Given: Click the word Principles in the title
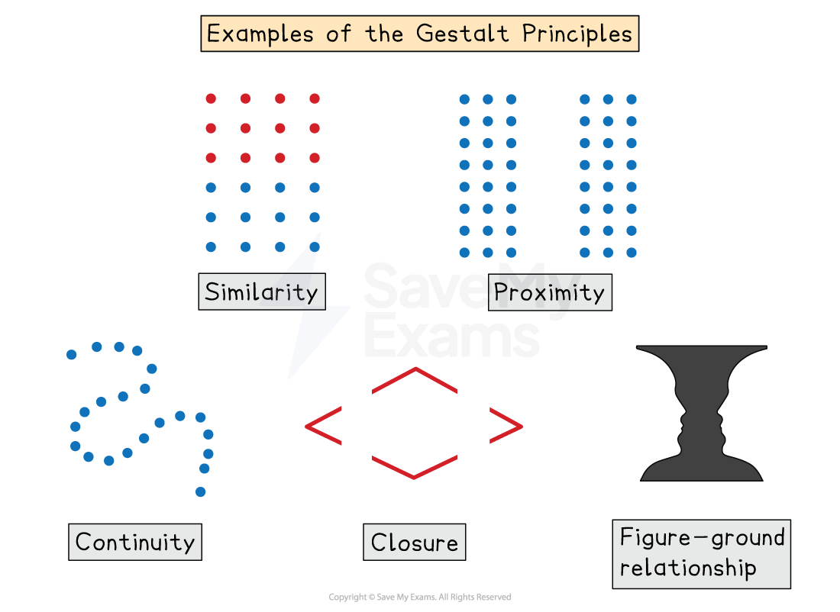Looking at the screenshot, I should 581,34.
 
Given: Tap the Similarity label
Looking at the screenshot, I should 261,292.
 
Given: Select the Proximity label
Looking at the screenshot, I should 549,292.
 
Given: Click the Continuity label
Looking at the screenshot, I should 135,542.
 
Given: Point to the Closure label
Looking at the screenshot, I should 414,543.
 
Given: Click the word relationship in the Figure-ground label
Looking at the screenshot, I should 688,568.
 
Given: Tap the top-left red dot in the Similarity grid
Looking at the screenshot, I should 211,98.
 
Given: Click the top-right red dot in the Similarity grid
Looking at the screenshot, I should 315,98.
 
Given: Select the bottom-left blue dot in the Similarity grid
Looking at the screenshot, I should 211,247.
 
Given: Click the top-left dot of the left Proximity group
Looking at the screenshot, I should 464,99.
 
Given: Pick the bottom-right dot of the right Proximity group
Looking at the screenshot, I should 632,253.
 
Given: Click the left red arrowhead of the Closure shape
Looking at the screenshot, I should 321,427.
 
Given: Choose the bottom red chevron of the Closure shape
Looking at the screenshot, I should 415,468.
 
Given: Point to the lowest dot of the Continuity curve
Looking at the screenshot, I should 201,492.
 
